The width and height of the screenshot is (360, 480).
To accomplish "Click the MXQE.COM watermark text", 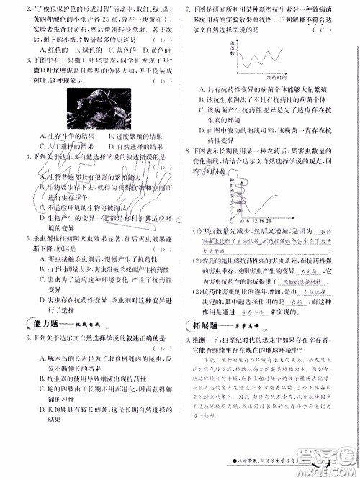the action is pyautogui.click(x=332, y=471).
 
